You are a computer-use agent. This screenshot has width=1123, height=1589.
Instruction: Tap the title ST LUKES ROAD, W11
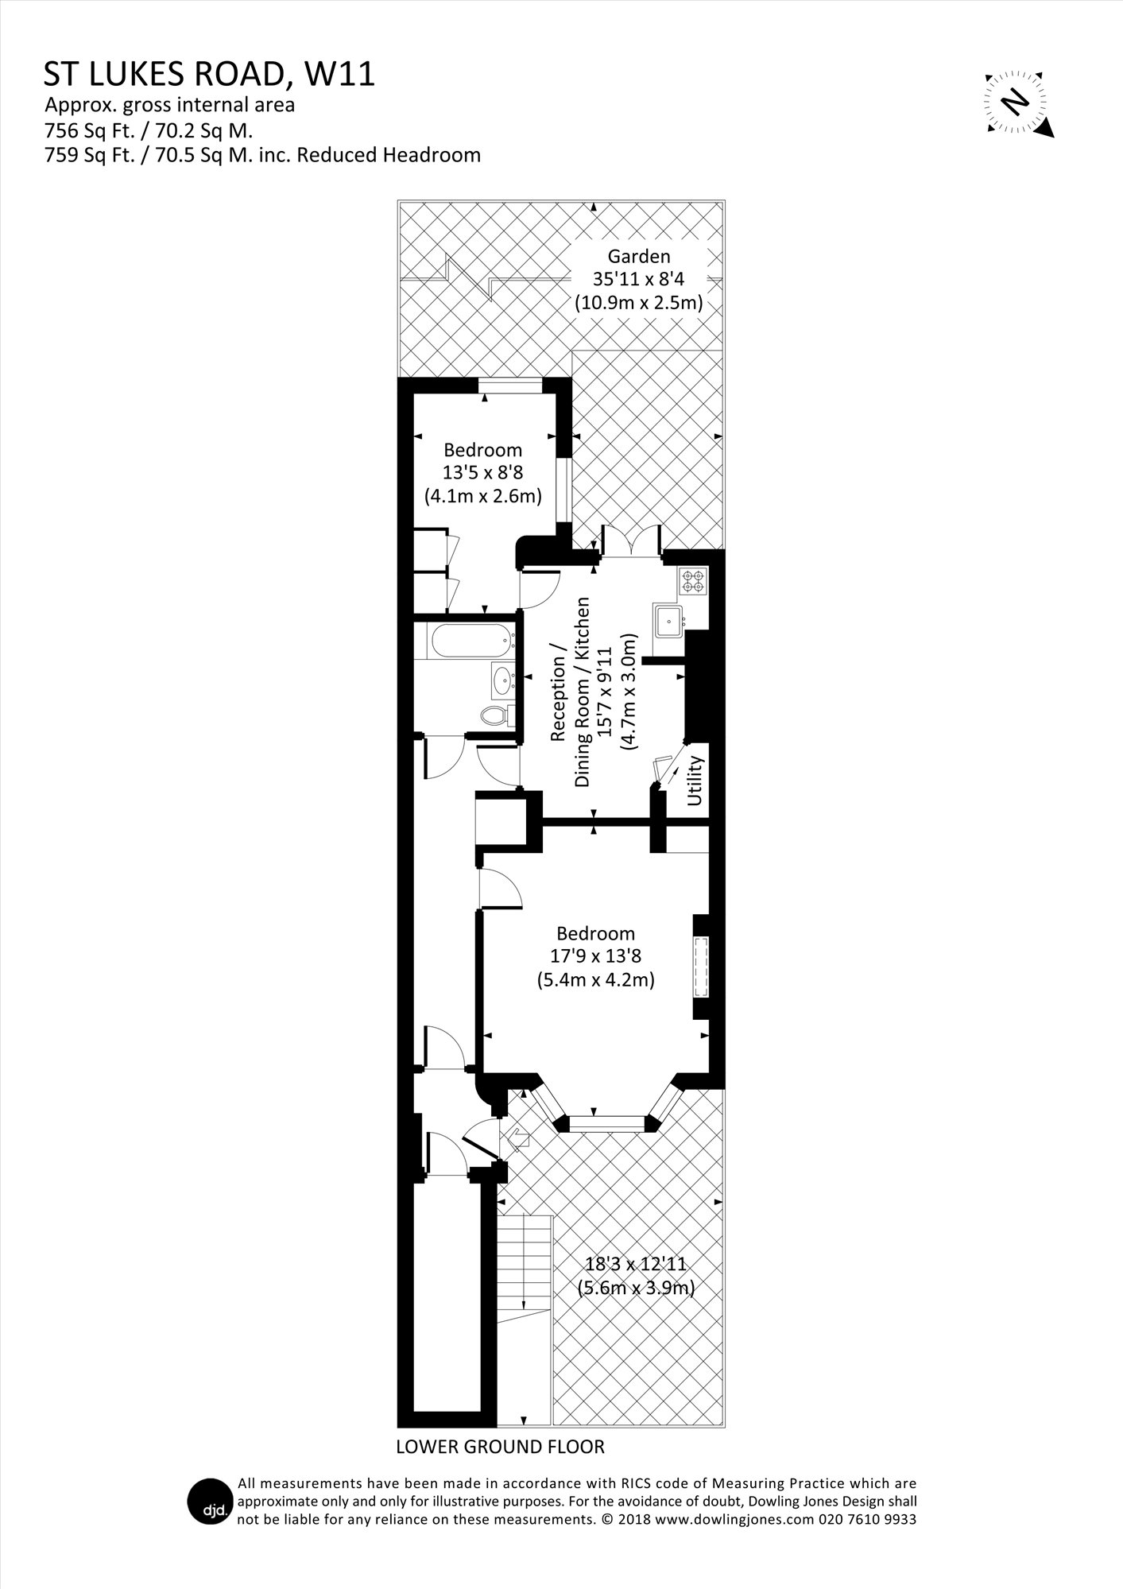(209, 74)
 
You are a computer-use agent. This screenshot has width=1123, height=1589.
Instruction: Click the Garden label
(639, 256)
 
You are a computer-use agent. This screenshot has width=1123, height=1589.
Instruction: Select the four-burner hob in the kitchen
(693, 580)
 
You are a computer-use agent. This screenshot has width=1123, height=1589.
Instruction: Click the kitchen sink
(670, 620)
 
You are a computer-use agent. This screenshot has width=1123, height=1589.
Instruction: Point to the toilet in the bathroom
(498, 715)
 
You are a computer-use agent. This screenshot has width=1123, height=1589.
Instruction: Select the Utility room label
(695, 781)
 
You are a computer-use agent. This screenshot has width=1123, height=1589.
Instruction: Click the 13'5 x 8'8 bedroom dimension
(482, 472)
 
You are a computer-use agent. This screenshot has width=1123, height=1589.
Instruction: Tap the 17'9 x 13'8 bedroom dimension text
(595, 956)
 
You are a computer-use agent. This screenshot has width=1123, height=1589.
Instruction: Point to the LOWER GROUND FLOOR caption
(500, 1447)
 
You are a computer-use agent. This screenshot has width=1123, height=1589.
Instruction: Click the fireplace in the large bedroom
(701, 967)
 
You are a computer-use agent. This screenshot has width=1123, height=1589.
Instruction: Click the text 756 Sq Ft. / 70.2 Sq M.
(149, 130)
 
